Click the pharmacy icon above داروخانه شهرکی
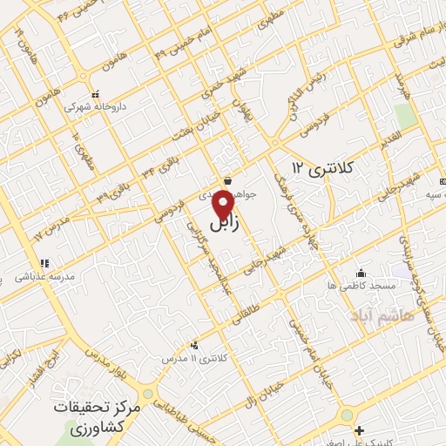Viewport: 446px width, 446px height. tap(96, 93)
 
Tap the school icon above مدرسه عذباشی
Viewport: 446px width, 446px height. tap(44, 263)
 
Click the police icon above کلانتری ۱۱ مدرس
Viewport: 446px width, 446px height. tap(193, 345)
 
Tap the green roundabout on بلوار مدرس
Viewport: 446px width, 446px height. tap(148, 394)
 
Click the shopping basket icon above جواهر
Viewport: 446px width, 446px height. tap(227, 180)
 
